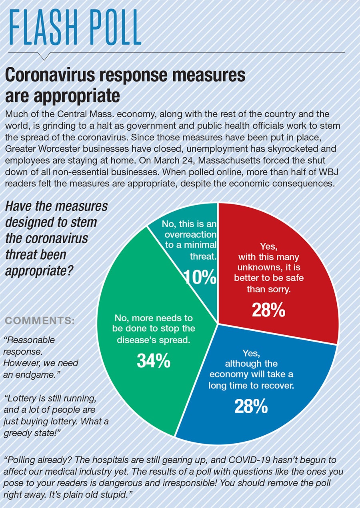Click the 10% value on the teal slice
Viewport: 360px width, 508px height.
point(200,277)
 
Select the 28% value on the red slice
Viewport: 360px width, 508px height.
point(268,310)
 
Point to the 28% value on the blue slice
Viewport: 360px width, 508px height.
point(251,406)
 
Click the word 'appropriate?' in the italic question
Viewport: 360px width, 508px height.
point(39,271)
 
